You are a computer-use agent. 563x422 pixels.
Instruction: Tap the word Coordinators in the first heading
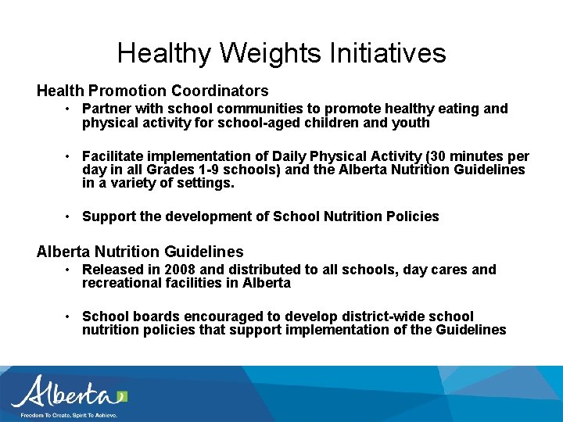219,91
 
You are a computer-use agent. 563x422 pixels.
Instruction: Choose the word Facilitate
114,156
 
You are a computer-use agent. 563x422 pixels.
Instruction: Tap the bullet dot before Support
69,216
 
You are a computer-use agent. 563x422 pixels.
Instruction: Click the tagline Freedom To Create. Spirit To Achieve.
69,415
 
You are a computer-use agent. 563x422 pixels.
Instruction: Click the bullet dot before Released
69,270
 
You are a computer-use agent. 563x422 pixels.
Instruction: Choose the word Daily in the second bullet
290,156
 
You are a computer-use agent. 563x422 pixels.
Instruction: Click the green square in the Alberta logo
121,396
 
